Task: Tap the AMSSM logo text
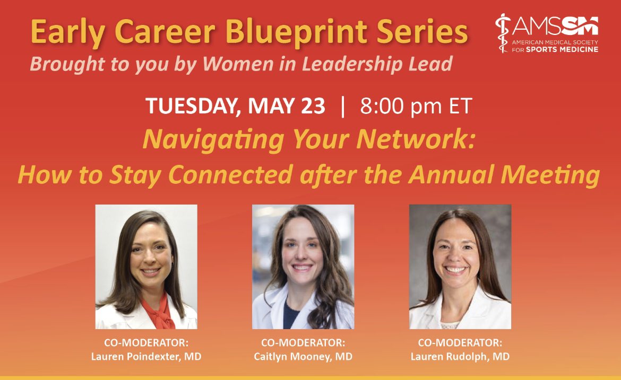[555, 25]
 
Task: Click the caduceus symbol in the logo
[502, 33]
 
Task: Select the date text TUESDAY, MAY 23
[235, 106]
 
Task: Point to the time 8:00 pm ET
[416, 106]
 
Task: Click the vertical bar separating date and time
[343, 106]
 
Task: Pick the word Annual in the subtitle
[481, 174]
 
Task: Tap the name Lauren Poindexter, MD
[146, 357]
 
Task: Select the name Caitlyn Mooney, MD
[303, 357]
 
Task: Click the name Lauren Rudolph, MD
[460, 357]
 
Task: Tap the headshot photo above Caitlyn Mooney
[303, 267]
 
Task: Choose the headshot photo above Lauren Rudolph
[460, 267]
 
